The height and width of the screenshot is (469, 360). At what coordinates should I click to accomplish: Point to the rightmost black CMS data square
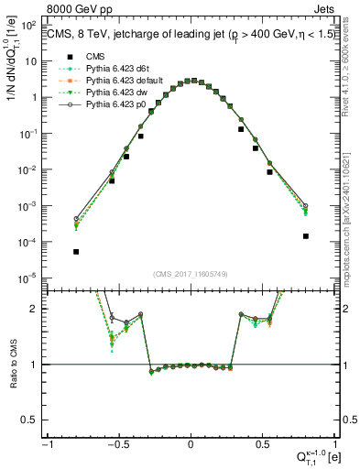click(305, 235)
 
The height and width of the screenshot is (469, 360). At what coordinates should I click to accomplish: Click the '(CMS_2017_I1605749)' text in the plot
click(191, 273)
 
